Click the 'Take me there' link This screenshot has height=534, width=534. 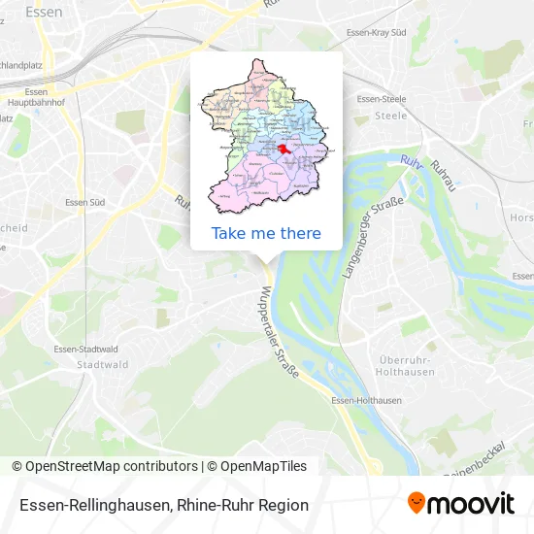(x=266, y=233)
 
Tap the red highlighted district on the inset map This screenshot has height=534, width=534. (x=284, y=150)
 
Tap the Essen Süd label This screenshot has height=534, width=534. (x=84, y=202)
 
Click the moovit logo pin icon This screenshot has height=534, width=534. (x=417, y=503)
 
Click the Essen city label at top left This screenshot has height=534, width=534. (x=46, y=13)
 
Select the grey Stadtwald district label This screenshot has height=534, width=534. (x=102, y=365)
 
